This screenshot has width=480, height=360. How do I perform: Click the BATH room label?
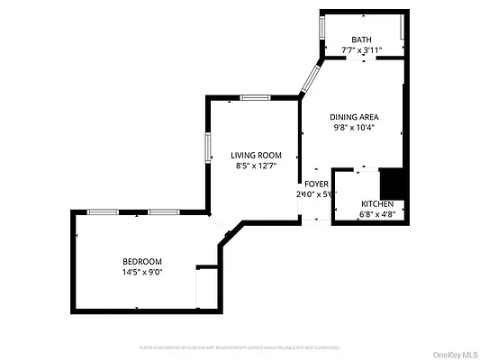point(362,39)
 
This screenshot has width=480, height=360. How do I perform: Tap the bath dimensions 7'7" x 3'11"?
point(362,49)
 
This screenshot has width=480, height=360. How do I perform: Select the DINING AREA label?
point(353,116)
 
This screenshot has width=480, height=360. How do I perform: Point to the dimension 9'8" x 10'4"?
point(353,127)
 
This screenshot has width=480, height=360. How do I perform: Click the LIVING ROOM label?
point(256,155)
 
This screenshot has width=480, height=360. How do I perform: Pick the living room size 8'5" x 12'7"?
point(256,166)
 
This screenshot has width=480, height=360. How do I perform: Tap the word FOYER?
point(316,184)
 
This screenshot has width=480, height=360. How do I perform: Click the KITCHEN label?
point(377,204)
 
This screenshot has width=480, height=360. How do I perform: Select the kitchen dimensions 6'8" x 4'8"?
point(377,215)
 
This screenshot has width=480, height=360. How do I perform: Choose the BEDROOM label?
point(142,261)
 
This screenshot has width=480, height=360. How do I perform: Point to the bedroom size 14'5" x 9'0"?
point(142,272)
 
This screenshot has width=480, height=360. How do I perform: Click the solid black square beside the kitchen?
point(393,184)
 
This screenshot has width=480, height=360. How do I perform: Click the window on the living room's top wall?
point(255,97)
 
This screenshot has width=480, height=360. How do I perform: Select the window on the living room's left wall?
point(208,148)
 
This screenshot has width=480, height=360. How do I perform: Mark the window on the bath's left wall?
point(322,26)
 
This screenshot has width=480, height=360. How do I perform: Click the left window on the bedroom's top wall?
point(102,211)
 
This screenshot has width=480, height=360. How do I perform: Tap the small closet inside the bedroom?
point(207,286)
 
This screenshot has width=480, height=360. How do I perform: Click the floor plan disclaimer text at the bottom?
point(239,346)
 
